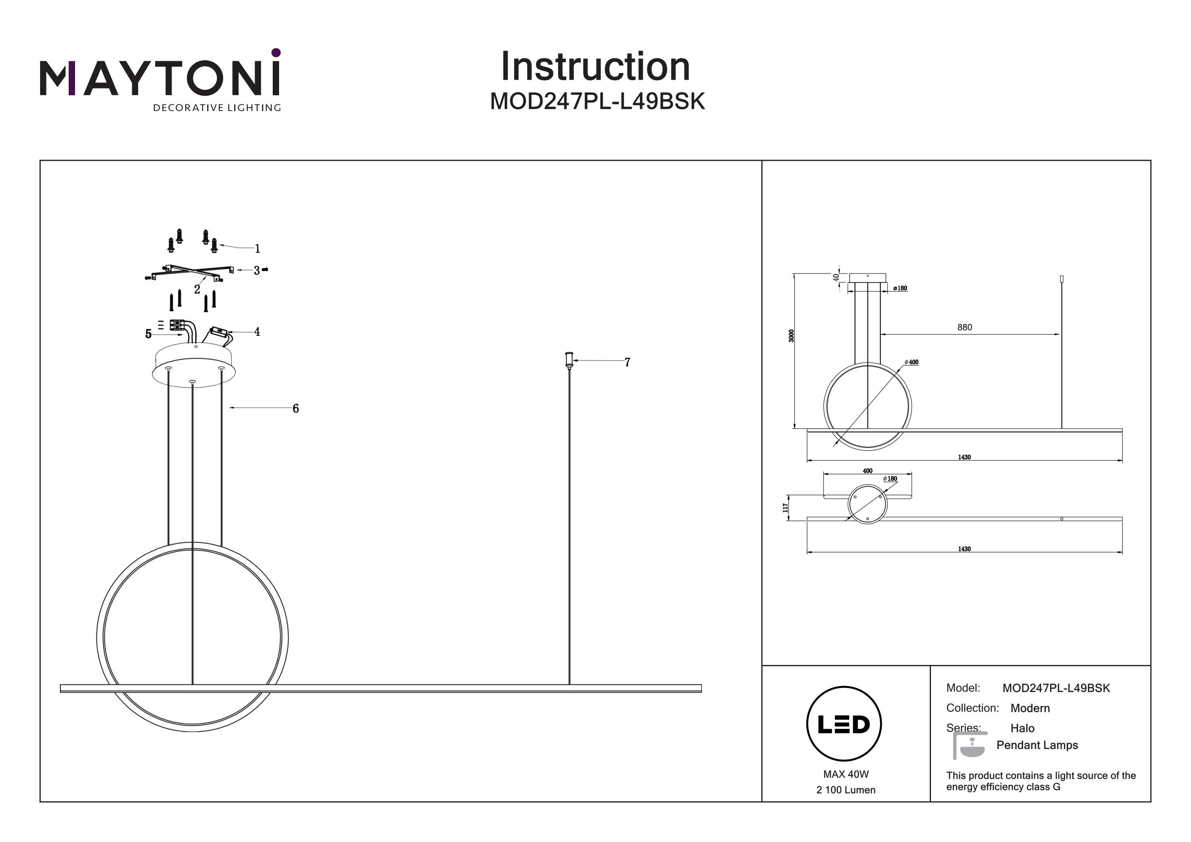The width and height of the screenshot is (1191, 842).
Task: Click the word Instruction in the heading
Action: coord(595,67)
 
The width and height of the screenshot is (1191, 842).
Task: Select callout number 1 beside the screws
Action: coord(257,249)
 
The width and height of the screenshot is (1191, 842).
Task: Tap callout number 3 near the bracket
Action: coord(256,270)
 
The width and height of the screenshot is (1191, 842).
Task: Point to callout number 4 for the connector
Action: coord(257,331)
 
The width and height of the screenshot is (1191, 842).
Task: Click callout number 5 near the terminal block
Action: coord(148,334)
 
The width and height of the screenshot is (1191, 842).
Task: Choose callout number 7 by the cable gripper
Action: coord(627,362)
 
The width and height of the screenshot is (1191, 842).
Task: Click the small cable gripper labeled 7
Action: coord(569,359)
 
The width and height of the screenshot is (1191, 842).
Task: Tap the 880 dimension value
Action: coord(964,328)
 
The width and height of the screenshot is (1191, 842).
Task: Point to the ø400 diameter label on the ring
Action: coord(912,362)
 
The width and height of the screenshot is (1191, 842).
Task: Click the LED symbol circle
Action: coord(844,724)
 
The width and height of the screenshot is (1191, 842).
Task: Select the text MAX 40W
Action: coord(846,774)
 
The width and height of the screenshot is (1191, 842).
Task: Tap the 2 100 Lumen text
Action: coord(846,790)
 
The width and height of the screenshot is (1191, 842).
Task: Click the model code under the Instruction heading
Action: coord(597,102)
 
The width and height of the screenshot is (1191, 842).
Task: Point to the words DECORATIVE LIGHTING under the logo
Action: coord(217,108)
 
